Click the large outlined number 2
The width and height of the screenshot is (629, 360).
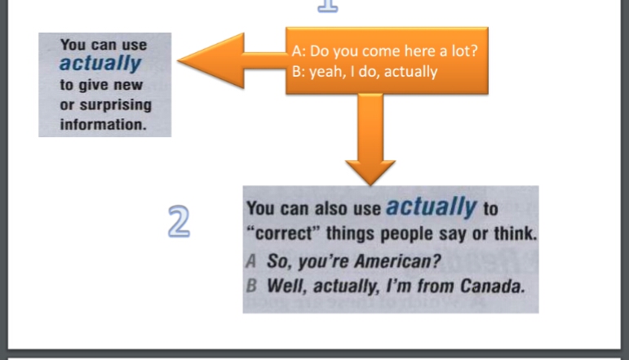179,221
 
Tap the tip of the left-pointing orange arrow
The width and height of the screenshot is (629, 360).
178,60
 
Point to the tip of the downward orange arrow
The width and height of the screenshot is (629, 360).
370,185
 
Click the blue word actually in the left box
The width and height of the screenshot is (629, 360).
100,63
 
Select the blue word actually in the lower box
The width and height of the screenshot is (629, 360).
432,207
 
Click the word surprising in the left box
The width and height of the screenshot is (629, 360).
116,105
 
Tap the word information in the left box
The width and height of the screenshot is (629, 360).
103,124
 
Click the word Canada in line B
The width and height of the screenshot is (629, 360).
493,287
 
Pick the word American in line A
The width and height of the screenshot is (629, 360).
397,261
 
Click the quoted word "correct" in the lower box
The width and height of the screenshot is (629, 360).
284,233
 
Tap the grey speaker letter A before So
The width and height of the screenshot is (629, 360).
250,261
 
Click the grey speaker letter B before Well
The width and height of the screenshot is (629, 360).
251,286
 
